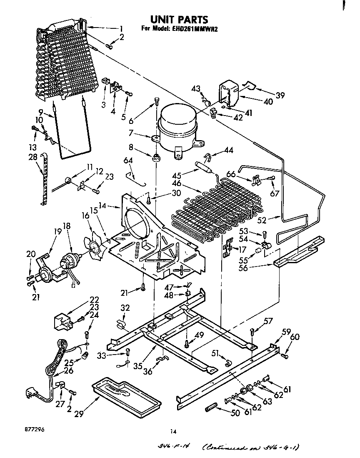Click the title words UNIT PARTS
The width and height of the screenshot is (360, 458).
[x=179, y=20]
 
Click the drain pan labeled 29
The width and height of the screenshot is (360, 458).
[x=125, y=394]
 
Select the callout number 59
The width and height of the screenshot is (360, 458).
[x=286, y=332]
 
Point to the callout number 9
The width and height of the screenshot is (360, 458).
[x=41, y=112]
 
